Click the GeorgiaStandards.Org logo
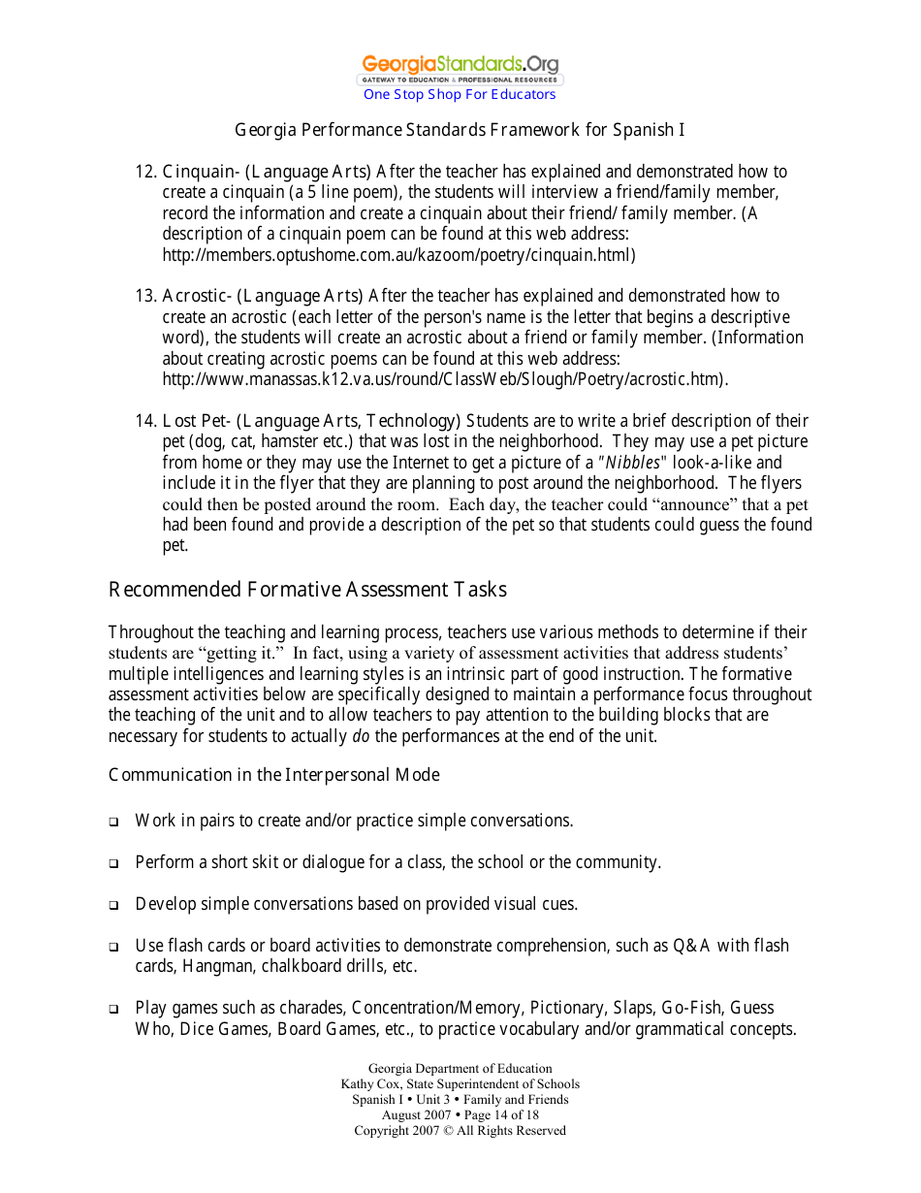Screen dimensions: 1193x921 point(460,68)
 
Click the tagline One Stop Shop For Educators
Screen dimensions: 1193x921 point(460,94)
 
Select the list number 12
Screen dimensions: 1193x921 point(145,173)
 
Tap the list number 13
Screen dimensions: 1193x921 point(145,296)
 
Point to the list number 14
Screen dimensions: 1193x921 point(145,421)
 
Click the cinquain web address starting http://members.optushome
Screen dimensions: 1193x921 point(398,255)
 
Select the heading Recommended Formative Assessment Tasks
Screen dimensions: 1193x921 point(307,590)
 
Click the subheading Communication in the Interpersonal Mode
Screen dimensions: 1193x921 point(274,775)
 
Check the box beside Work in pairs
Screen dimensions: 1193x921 point(113,822)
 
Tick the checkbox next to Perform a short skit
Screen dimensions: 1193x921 point(113,864)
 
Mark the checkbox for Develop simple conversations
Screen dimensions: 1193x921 point(113,906)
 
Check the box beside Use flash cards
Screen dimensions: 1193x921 point(113,948)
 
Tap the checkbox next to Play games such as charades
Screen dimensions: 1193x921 point(113,1010)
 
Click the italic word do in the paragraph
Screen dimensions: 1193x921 point(361,736)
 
